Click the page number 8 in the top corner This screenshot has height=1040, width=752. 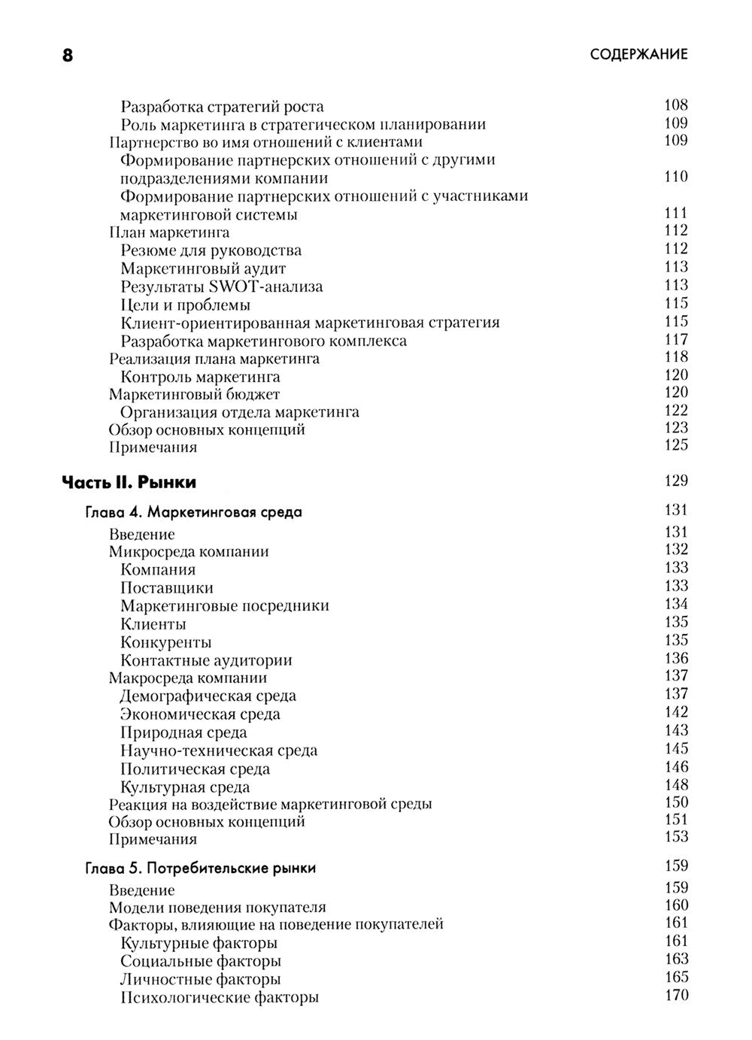pos(68,56)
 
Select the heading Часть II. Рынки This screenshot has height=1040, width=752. pos(129,481)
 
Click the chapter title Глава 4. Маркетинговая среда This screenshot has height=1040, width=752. pos(193,513)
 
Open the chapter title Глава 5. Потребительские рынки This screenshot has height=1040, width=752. pos(200,869)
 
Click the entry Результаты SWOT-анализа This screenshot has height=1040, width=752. pos(222,287)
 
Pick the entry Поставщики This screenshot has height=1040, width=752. pos(167,588)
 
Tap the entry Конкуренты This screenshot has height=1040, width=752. pos(166,642)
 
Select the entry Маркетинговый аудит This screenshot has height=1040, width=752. pos(204,268)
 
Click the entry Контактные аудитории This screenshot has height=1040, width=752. pos(206,660)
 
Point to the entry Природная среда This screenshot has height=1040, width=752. pos(183,732)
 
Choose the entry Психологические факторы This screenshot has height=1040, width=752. pos(220,998)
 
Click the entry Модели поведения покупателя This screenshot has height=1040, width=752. pos(217,908)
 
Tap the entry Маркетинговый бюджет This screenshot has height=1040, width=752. pos(194,394)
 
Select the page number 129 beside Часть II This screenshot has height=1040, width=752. pos(676,481)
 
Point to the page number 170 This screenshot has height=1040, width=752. pos(676,996)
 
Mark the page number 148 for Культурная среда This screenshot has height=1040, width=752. pos(676,785)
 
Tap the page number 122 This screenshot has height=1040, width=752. pos(676,410)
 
